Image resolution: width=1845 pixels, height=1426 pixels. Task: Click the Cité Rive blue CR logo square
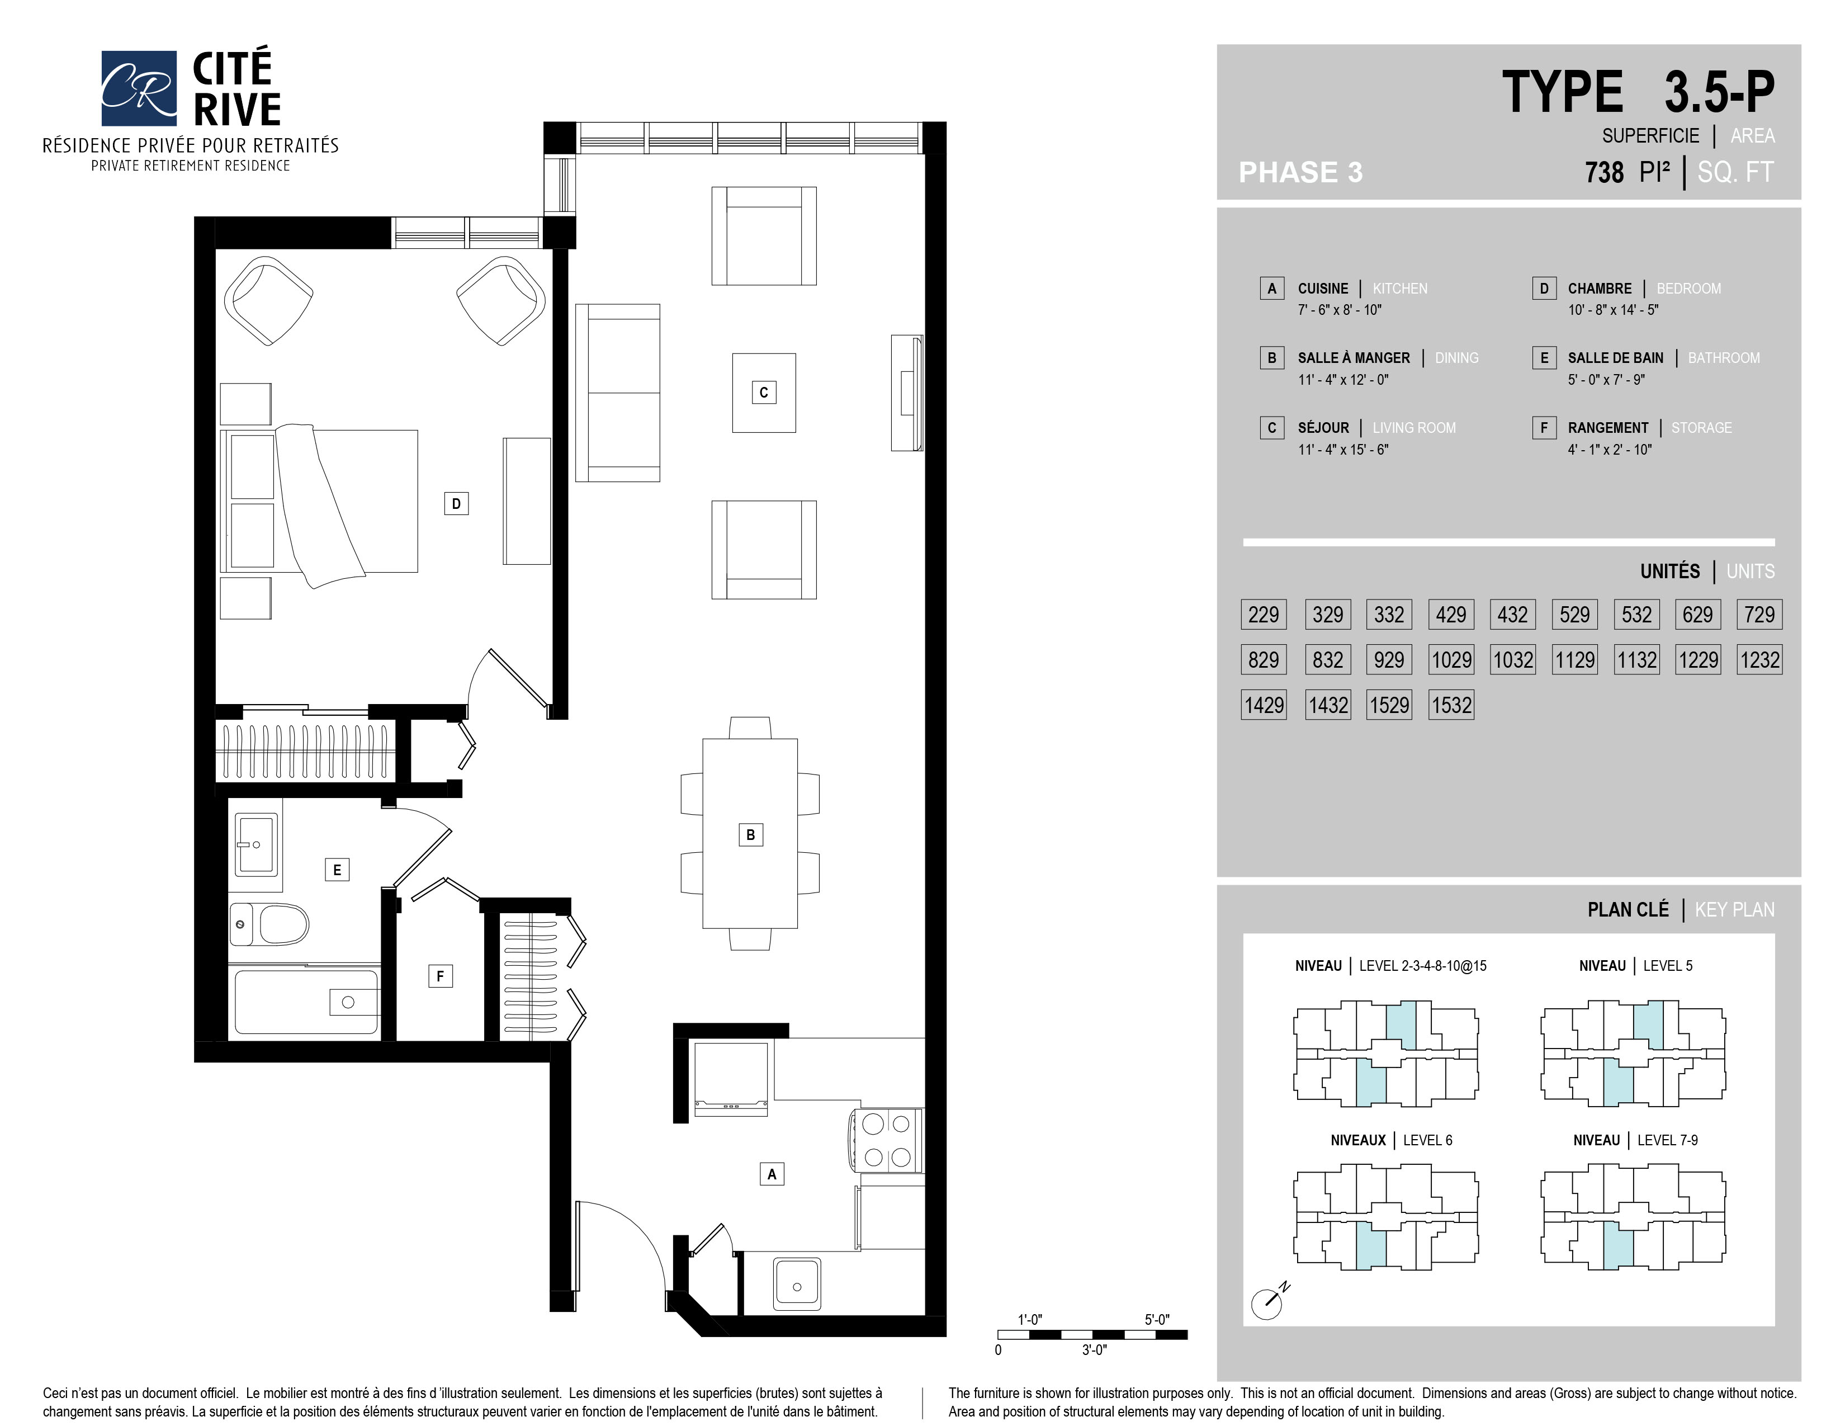click(139, 88)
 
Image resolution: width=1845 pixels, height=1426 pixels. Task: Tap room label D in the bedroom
click(456, 503)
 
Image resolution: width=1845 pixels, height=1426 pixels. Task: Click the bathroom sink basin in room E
click(257, 844)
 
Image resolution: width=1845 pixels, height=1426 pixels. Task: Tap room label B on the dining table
click(750, 835)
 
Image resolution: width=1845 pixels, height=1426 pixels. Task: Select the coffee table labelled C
click(764, 393)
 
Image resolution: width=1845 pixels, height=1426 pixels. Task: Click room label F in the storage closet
click(440, 976)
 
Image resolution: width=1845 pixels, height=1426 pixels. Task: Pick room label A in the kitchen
click(772, 1173)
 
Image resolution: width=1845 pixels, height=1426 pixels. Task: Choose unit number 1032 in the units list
click(1512, 660)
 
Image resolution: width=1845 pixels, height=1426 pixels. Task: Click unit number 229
click(1264, 614)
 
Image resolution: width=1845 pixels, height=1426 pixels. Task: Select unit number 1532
click(1451, 705)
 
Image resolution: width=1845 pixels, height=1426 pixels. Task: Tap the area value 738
click(1604, 172)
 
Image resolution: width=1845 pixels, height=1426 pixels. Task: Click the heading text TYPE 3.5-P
click(1638, 92)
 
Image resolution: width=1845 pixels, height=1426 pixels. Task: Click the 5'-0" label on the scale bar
click(1157, 1320)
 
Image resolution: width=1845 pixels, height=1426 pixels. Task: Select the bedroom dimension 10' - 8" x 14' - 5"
click(1612, 310)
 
